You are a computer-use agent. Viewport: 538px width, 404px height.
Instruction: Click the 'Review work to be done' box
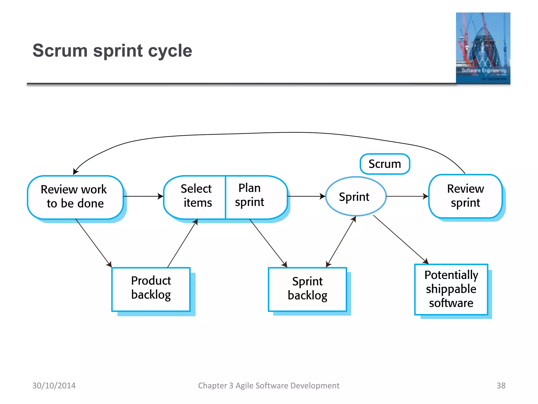coord(75,197)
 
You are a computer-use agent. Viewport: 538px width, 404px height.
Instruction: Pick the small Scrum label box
coord(385,164)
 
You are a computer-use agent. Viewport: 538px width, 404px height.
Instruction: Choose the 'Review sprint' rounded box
coord(465,196)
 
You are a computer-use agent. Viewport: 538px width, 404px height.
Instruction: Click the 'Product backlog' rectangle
coord(151,289)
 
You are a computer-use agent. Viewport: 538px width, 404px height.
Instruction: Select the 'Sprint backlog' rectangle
coord(307,289)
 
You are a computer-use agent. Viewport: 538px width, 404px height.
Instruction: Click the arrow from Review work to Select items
coord(143,196)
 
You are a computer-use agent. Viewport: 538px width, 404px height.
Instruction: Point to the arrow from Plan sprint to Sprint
coord(306,196)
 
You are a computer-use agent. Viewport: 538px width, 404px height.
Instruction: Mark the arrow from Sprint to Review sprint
coord(407,196)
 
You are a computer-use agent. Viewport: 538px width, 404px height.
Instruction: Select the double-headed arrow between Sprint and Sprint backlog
coord(341,241)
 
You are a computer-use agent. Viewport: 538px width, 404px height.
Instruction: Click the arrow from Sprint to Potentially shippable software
coord(401,239)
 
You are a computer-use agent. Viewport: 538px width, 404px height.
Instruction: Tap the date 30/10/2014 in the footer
coord(54,385)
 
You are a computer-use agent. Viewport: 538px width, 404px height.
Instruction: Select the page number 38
coord(501,385)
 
